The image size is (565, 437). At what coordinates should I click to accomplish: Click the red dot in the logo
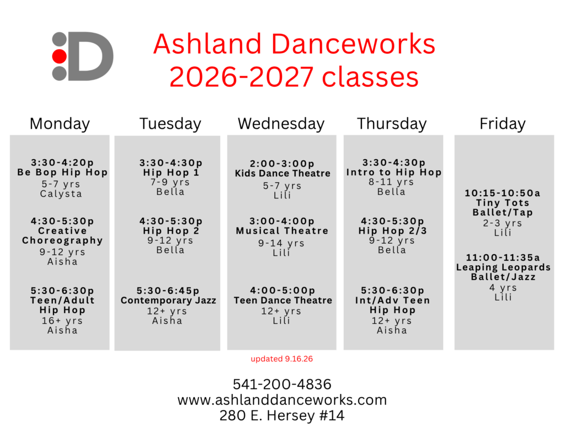point(60,56)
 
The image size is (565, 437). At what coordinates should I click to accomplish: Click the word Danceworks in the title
point(353,44)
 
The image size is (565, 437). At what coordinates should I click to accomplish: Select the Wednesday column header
point(281,124)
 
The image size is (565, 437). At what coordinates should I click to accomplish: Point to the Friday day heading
point(502,124)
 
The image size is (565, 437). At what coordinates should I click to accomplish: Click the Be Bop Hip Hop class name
point(62,172)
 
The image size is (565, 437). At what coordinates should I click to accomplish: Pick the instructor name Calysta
point(61,194)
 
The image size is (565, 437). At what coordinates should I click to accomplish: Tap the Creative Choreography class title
point(62,236)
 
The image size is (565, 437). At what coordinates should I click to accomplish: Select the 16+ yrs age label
point(62,320)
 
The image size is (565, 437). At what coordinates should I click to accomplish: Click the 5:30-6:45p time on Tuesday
point(168,291)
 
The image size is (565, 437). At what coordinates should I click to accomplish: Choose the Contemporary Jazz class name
point(168,300)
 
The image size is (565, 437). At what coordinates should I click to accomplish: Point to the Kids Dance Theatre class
point(282,173)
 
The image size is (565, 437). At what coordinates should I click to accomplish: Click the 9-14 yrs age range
point(281,243)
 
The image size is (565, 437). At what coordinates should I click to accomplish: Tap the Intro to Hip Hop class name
point(394,172)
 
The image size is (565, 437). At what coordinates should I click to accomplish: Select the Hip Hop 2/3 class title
point(392,230)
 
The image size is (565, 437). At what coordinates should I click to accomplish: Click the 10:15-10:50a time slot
point(502,193)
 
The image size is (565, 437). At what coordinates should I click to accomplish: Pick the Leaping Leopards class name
point(503,267)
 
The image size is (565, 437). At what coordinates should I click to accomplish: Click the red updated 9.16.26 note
point(282,359)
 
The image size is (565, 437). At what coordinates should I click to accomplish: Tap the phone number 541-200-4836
point(282,385)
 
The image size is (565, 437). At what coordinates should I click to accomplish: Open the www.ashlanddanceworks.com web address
point(282,400)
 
